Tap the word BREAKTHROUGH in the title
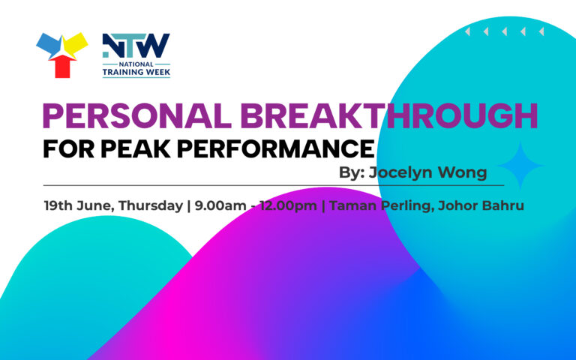click(x=389, y=115)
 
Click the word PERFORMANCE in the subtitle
click(x=276, y=148)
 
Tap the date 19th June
click(x=77, y=205)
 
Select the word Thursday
click(x=151, y=205)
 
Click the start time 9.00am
click(x=220, y=205)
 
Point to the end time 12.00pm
click(x=288, y=205)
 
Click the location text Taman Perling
click(x=379, y=205)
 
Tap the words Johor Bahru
click(x=481, y=205)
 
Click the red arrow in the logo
click(x=62, y=66)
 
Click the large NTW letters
click(x=136, y=46)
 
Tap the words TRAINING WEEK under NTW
click(x=136, y=72)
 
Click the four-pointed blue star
click(x=520, y=166)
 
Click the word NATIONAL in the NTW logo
click(x=136, y=64)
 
